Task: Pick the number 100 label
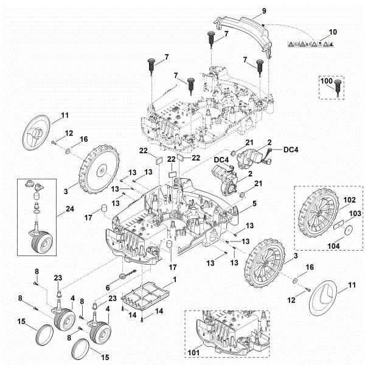pos(327,80)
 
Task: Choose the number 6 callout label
pos(108,287)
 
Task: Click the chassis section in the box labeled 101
pos(231,335)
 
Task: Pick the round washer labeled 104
pos(349,231)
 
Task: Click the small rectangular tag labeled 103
pos(339,224)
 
